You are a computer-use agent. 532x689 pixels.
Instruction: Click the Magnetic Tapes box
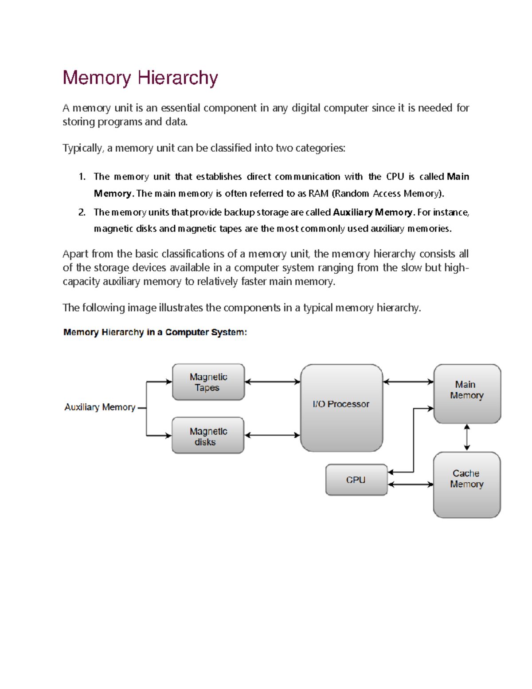pos(208,382)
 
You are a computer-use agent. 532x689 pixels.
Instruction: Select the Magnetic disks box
pos(208,435)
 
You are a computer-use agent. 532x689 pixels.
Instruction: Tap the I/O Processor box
pos(341,408)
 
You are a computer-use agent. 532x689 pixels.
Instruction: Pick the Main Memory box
pos(467,394)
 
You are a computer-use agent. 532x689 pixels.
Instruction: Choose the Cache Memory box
pos(467,484)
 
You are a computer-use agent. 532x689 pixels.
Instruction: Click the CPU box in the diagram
pos(356,480)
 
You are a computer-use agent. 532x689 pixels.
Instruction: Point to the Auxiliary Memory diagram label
pos(100,407)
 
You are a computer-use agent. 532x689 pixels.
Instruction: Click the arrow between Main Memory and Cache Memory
pos(467,437)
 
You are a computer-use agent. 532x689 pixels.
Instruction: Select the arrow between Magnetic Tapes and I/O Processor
pos(272,382)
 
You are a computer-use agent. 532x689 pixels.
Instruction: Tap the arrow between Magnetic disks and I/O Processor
pos(272,435)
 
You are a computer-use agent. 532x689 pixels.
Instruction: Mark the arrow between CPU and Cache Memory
pos(411,484)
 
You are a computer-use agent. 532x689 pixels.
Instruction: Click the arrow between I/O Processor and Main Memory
pos(408,382)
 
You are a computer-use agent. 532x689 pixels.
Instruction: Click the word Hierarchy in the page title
pos(178,78)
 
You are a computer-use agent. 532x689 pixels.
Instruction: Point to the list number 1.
pos(82,177)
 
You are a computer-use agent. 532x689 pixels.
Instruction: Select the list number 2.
pos(82,212)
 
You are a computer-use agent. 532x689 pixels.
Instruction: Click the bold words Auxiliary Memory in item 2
pos(372,212)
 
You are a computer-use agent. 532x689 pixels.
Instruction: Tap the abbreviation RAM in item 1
pos(318,193)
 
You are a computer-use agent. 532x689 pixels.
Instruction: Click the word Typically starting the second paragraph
pos(82,148)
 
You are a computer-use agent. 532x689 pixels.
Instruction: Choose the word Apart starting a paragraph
pos(75,254)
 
